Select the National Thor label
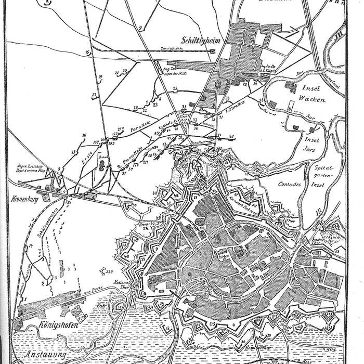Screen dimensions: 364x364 (x=121, y=284)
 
